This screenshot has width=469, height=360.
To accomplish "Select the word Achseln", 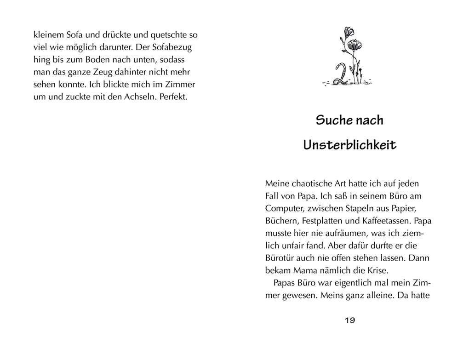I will pos(138,97).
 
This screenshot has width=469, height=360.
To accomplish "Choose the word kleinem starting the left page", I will pos(48,34).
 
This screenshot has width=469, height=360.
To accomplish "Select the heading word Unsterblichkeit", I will pos(349,145).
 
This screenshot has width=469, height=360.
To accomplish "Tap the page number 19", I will pos(349,320).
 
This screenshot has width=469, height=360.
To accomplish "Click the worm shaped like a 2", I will pos(343,74).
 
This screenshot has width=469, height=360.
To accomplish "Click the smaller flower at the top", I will pos(348,31).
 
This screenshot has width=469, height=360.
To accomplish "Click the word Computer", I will pos(283,208).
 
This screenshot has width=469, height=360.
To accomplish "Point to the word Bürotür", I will pos(280,257).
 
